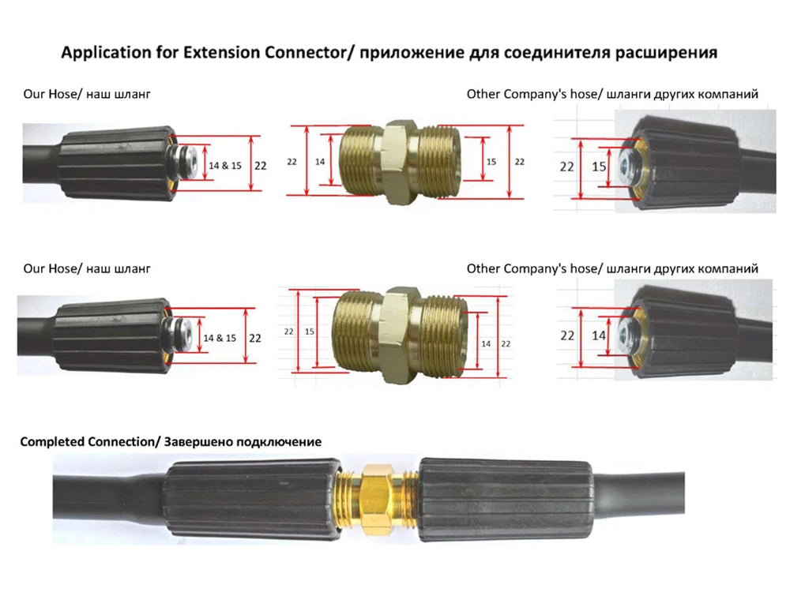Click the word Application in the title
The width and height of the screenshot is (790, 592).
point(107,53)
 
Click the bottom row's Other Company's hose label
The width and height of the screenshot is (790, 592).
point(532,269)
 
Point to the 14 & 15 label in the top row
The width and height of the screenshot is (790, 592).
point(225,166)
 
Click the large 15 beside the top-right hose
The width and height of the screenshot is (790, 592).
point(599,167)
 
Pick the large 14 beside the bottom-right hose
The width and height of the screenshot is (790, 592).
point(599,335)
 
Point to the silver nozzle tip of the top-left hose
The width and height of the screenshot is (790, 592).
point(187,162)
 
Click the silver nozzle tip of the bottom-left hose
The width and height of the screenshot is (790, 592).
point(182,334)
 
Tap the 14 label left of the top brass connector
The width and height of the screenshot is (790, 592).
point(320,162)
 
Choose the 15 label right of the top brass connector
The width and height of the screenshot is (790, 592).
point(491,162)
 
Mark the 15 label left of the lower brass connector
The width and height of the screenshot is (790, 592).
point(310,332)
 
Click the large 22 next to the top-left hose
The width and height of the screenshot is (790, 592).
point(260,166)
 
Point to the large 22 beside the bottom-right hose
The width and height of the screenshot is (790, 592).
point(567,335)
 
